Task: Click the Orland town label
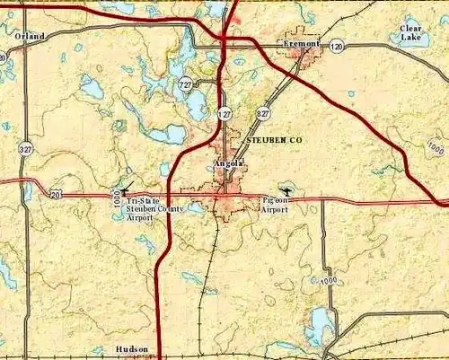29,35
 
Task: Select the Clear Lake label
410,33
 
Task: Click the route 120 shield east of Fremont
336,46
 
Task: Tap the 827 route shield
262,114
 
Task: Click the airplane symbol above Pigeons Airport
286,190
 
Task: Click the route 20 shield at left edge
56,193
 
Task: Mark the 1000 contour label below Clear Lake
436,147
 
